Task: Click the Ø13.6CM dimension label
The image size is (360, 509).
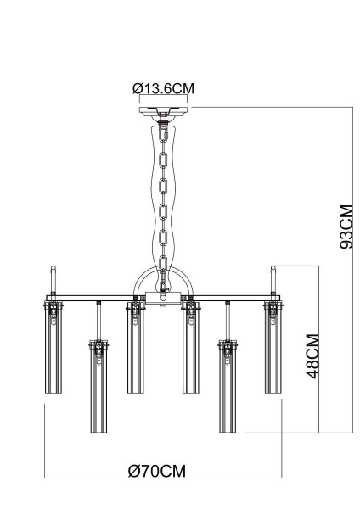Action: [x=162, y=88]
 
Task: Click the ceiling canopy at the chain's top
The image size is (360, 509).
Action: [x=162, y=111]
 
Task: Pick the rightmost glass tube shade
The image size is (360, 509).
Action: [x=273, y=348]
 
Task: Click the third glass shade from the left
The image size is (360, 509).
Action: [x=134, y=348]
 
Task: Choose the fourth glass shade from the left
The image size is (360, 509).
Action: [x=190, y=348]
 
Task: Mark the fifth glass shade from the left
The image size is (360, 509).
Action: [x=227, y=386]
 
